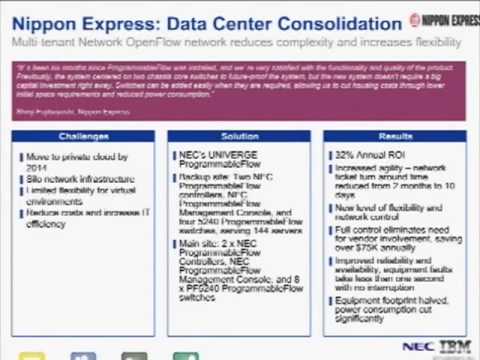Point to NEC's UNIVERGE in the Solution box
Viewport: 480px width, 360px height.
click(x=215, y=154)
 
